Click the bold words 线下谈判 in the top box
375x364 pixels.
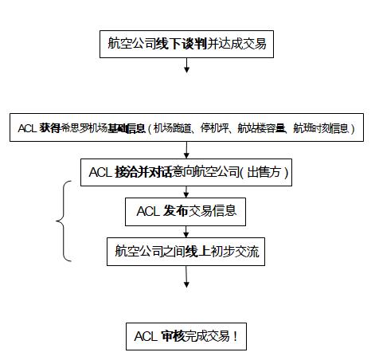[x=181, y=44]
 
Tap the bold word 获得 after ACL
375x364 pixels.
[x=49, y=128]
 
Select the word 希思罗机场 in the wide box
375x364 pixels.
[x=84, y=128]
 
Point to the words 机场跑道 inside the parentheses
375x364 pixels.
[x=172, y=128]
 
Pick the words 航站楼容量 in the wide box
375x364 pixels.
[x=261, y=128]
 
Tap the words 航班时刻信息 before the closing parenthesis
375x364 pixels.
[x=321, y=128]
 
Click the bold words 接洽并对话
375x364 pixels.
[x=143, y=172]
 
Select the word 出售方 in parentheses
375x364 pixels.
[x=264, y=172]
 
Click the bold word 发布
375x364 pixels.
[x=175, y=211]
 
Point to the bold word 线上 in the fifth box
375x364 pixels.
[x=197, y=251]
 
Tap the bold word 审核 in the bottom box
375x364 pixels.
[x=173, y=336]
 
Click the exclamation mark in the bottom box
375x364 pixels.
[x=235, y=336]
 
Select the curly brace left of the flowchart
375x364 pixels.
[x=63, y=221]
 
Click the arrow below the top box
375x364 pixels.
[x=186, y=65]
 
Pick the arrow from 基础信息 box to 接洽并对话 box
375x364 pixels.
[x=186, y=150]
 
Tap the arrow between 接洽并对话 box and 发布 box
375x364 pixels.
[x=186, y=192]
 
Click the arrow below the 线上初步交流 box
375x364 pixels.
[x=186, y=276]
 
